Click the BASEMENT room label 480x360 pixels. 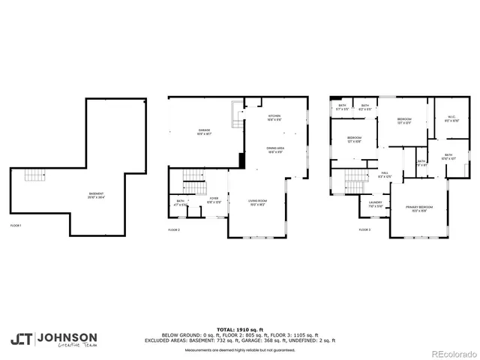(96, 196)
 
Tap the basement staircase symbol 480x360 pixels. (34, 175)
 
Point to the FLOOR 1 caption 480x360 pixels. (16, 225)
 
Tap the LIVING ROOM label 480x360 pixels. (258, 202)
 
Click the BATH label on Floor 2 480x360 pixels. (181, 202)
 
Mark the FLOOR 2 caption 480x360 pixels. (174, 229)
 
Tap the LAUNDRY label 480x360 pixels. (375, 203)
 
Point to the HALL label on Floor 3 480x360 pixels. (384, 174)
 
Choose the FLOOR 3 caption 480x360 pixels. (364, 229)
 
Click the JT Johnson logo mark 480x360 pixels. (20, 338)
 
